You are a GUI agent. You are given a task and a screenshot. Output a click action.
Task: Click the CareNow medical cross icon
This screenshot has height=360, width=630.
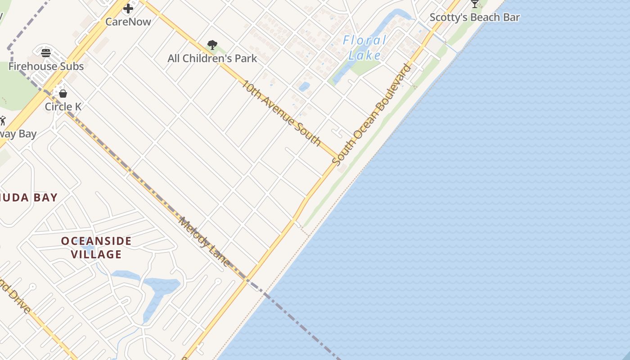click(x=128, y=8)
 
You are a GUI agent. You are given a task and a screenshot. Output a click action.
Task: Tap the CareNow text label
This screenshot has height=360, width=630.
click(x=128, y=22)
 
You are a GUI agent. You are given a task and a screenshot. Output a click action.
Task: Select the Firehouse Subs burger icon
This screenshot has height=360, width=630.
click(x=46, y=53)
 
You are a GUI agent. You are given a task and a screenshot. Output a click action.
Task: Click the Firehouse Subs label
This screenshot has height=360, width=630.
click(x=46, y=67)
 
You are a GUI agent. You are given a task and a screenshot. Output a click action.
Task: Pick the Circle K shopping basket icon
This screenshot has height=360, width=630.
click(x=63, y=94)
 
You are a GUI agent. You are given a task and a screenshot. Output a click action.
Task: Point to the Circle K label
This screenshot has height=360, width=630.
click(x=63, y=107)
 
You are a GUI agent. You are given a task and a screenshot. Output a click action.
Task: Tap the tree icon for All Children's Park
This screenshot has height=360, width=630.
click(x=212, y=45)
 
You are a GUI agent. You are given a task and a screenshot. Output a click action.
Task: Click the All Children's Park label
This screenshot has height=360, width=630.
click(x=212, y=58)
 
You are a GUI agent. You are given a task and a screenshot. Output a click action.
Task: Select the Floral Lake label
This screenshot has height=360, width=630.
click(x=364, y=48)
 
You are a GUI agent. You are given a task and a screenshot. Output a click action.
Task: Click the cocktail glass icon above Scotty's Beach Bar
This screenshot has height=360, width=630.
click(x=475, y=4)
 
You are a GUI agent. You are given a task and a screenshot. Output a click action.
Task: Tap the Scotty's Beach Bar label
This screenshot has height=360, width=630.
click(x=475, y=18)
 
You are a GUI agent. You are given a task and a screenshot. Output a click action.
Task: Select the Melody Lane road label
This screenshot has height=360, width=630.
click(x=205, y=242)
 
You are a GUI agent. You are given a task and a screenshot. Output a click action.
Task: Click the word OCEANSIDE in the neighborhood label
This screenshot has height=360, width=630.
click(x=96, y=241)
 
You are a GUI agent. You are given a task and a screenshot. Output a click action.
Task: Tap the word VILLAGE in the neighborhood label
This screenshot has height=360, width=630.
click(x=96, y=255)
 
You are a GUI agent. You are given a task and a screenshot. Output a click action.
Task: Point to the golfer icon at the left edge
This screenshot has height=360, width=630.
click(x=3, y=121)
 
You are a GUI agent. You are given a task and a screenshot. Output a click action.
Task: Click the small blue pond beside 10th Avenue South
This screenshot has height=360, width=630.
click(x=304, y=86)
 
